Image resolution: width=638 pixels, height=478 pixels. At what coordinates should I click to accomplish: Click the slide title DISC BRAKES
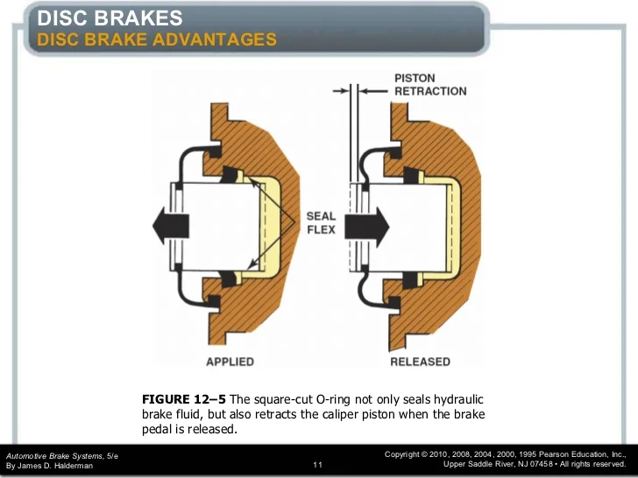(x=110, y=18)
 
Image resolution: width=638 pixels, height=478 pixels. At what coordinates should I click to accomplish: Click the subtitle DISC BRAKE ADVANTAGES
(x=157, y=39)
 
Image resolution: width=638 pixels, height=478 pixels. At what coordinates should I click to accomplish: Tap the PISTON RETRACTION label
(x=430, y=85)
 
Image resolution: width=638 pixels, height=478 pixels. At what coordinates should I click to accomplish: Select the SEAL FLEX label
(x=321, y=223)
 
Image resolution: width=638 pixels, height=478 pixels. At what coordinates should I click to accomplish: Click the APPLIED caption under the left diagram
(x=230, y=362)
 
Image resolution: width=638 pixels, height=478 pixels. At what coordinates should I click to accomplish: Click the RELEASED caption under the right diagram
(x=420, y=362)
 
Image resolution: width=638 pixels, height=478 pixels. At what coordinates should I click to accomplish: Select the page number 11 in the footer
(x=318, y=465)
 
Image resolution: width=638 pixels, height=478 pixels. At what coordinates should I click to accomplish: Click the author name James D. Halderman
(x=56, y=466)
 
